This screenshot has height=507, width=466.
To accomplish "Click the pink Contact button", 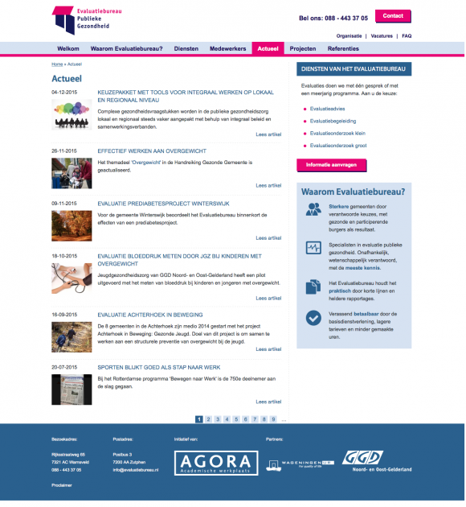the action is pos(393,16).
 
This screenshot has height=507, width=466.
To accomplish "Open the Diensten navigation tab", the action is pos(186,49).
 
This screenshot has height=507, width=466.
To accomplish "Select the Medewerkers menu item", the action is pos(227,49).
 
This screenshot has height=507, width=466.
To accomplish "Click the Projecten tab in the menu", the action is pos(302,49).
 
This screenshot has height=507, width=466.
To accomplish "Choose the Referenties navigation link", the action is pos(343,49).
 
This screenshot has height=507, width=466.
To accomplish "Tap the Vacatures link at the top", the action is pos(382,36).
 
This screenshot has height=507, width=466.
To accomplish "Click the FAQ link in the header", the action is pos(407,36).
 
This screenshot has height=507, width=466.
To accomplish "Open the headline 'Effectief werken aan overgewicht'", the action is pos(152,151).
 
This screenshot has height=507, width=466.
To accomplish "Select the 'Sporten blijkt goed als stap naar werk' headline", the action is pos(159,367).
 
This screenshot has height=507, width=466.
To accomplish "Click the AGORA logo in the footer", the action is pos(206,462).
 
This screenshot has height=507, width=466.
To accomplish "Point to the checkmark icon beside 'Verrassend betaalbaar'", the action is pos(313,317).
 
